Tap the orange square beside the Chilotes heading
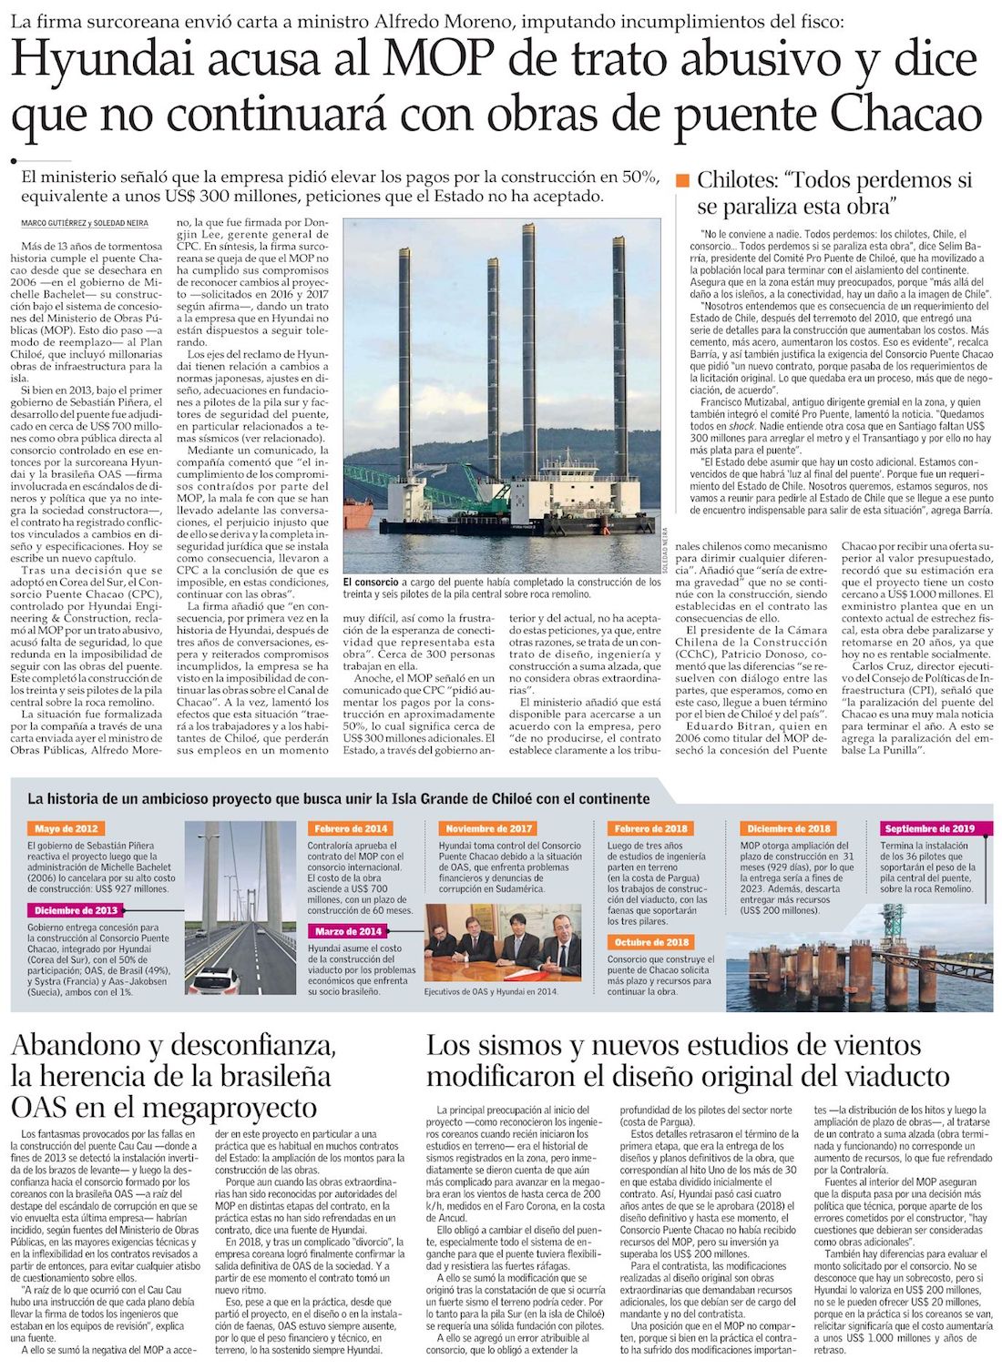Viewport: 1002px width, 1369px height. click(683, 180)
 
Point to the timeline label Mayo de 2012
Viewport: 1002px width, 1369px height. click(66, 829)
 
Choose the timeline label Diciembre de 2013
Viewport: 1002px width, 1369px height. click(77, 910)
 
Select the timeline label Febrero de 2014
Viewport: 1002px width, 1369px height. click(351, 829)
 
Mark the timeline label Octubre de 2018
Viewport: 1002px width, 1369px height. click(651, 942)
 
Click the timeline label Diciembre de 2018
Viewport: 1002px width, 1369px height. click(789, 829)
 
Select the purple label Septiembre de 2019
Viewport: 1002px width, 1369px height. click(929, 829)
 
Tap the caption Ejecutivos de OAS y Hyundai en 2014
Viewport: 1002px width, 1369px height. click(491, 992)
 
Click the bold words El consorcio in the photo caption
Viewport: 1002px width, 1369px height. click(371, 582)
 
